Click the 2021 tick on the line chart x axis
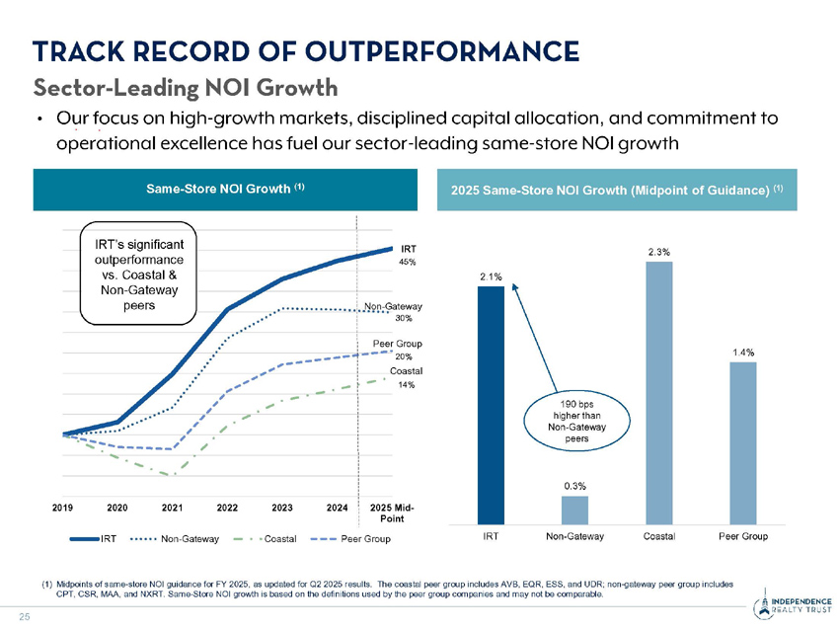[173, 507]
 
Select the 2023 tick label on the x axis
[282, 507]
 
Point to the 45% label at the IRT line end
[407, 263]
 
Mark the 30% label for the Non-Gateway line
[404, 319]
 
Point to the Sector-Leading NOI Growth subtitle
[187, 89]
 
